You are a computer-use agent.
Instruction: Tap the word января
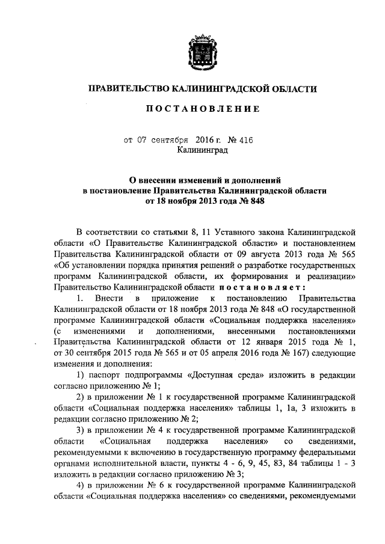click(266, 341)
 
